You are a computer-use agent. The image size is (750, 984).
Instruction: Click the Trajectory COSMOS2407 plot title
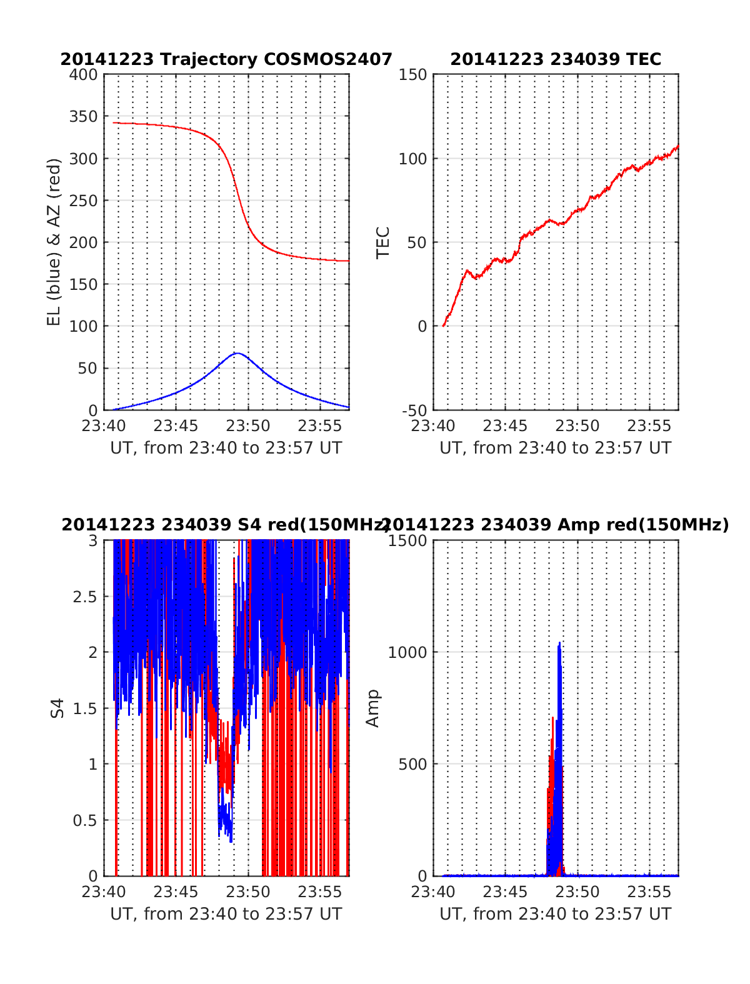[x=226, y=59]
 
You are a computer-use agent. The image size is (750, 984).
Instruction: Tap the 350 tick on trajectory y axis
[x=84, y=117]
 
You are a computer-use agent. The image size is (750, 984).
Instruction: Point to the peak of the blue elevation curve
[x=237, y=353]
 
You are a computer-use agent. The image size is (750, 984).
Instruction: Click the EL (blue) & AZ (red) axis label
[x=54, y=242]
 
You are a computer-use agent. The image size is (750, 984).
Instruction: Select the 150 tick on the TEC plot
[x=413, y=75]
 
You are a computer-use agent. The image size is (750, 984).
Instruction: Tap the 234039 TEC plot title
[x=555, y=59]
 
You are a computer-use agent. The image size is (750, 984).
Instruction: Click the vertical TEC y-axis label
[x=382, y=242]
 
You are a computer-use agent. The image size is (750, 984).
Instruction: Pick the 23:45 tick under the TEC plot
[x=505, y=426]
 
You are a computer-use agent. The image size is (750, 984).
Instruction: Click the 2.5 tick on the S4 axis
[x=85, y=597]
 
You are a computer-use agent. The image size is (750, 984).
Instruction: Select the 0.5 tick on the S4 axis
[x=85, y=820]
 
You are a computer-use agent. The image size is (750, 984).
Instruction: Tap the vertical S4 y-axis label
[x=57, y=708]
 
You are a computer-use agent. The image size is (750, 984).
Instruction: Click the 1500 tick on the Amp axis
[x=407, y=541]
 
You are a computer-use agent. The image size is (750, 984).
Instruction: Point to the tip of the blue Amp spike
[x=559, y=642]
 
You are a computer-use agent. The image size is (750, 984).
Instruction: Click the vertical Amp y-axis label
[x=372, y=708]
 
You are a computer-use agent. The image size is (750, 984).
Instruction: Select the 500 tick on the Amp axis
[x=412, y=764]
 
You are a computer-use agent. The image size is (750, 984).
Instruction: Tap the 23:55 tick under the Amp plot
[x=649, y=892]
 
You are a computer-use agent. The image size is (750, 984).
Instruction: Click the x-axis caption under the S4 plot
[x=226, y=914]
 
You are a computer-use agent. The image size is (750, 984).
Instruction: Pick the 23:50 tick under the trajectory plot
[x=248, y=426]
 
